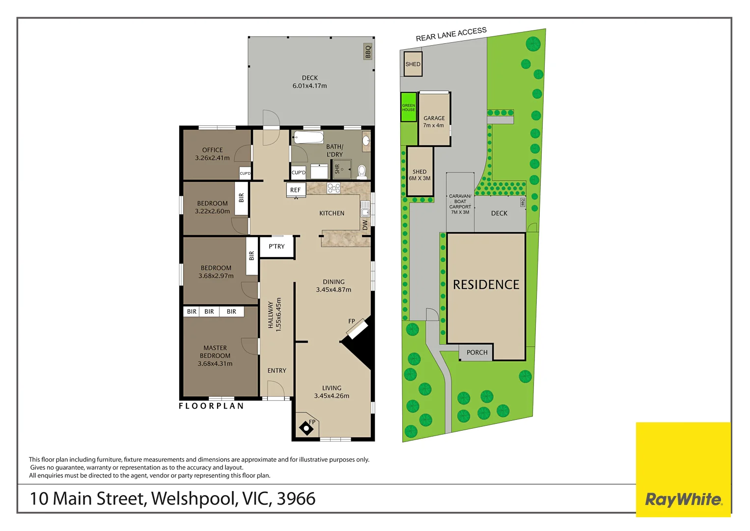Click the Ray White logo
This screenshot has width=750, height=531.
point(683,500)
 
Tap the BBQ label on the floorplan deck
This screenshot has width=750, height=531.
point(368,52)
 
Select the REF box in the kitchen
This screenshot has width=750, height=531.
point(296,190)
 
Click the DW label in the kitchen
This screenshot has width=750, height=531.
point(365,225)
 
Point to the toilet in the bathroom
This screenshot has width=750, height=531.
point(362,172)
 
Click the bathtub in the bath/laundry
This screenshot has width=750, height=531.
point(308,137)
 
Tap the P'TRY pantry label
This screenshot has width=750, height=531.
point(277,246)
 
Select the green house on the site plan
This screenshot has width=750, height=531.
point(408,107)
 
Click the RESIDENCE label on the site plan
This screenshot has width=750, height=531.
point(486,285)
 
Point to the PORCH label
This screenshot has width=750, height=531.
point(477,353)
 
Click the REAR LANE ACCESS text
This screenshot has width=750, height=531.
point(451,34)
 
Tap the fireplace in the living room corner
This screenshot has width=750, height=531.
point(306,428)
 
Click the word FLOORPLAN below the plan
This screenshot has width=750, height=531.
point(211,406)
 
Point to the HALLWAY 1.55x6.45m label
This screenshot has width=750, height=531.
point(274,315)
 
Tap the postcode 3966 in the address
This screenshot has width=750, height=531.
point(296,499)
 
